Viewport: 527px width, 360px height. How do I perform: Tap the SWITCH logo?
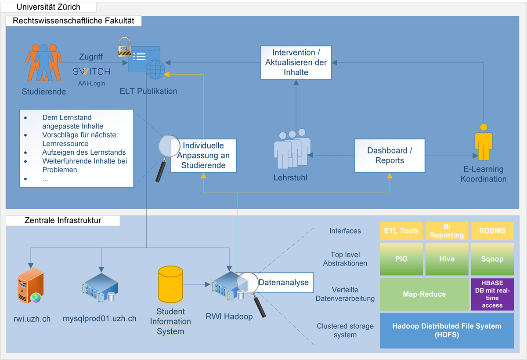click(91, 71)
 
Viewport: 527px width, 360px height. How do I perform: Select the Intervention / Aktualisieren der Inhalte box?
click(296, 62)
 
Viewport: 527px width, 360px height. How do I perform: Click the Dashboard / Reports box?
click(390, 156)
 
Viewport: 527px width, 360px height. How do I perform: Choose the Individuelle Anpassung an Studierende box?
click(203, 156)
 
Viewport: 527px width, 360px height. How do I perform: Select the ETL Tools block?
click(401, 231)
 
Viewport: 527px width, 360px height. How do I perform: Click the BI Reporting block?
click(447, 231)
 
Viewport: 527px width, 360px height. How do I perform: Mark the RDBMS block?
click(492, 231)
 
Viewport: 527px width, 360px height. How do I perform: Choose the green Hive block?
click(447, 259)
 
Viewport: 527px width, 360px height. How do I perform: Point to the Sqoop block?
click(492, 259)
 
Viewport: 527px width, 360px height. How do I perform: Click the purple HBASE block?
click(492, 294)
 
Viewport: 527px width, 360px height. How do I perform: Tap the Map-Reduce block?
click(424, 294)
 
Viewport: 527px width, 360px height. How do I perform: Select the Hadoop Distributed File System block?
click(447, 331)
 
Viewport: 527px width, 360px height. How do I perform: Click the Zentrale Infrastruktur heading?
click(63, 221)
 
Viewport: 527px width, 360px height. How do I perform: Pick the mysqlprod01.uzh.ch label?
click(99, 319)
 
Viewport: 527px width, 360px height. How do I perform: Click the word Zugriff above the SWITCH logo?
click(91, 57)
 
